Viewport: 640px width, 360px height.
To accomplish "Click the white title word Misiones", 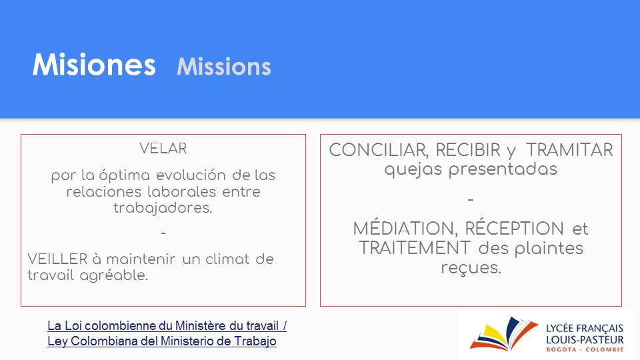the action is [94, 65].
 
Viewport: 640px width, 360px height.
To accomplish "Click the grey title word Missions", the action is [224, 67].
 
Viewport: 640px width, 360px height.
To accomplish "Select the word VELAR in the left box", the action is [163, 148].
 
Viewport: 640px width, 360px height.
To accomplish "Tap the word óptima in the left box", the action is [125, 175].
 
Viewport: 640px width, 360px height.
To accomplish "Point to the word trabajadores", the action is [163, 208].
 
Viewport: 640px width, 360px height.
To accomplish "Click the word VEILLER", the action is [57, 259].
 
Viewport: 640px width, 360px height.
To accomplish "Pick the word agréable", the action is [114, 275].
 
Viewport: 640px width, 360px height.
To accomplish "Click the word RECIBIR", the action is [468, 150].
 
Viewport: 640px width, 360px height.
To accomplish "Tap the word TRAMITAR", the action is [569, 150].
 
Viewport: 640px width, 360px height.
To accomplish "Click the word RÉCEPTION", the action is [514, 228].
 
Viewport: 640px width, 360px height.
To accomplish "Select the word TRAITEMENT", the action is [415, 248].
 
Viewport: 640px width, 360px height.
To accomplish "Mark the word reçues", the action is [471, 268].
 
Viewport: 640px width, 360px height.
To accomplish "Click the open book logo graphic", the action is [504, 334].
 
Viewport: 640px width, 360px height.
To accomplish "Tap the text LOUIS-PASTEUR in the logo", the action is [585, 339].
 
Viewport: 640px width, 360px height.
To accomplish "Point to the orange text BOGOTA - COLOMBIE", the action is [585, 349].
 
